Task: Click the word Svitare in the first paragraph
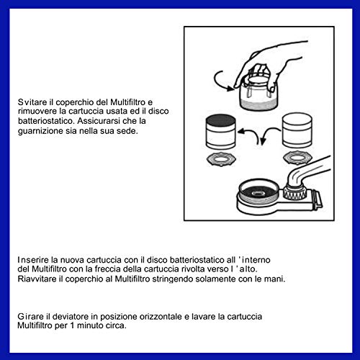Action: click(32, 102)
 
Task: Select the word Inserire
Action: click(33, 260)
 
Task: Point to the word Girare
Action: click(31, 316)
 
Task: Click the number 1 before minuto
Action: click(72, 325)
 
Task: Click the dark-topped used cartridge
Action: click(221, 132)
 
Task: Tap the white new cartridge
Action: click(297, 131)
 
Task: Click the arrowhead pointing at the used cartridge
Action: click(241, 132)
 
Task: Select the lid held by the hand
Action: click(258, 94)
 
